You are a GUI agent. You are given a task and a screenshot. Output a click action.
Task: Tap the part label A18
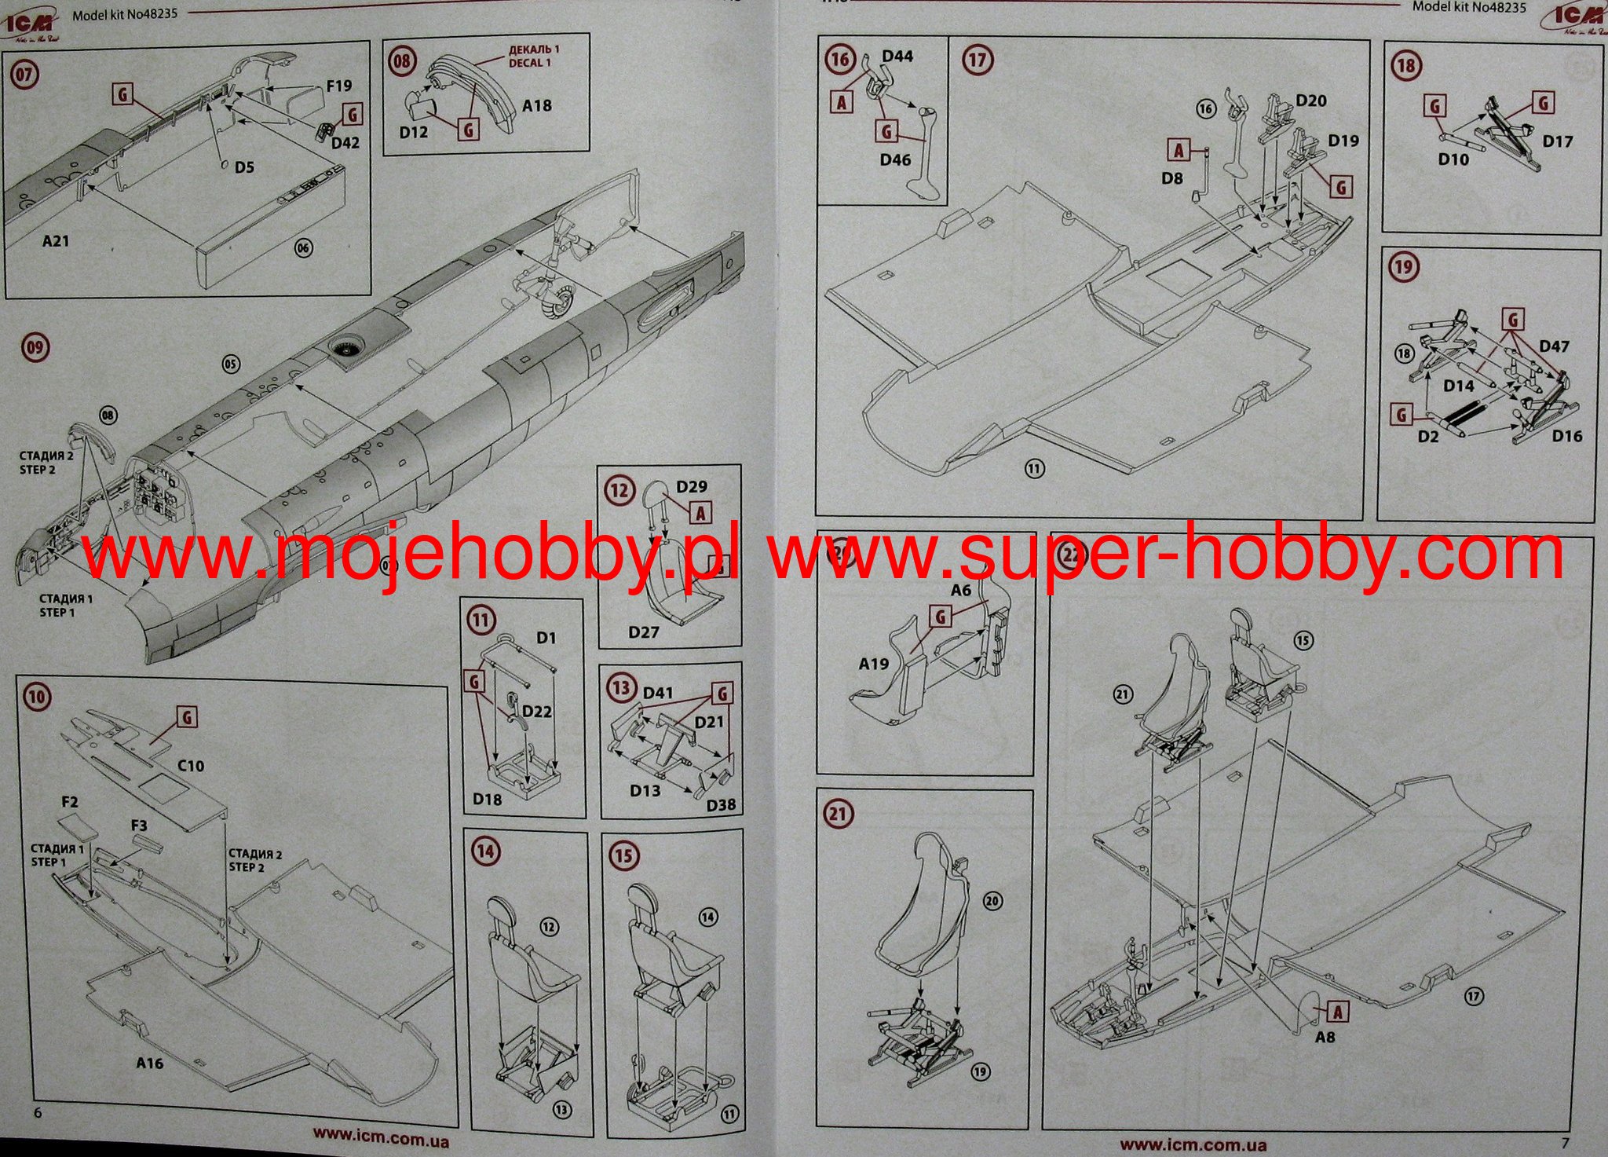tap(537, 105)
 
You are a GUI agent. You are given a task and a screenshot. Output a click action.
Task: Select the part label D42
tap(345, 143)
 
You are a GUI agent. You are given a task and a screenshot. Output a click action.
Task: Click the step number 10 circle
tap(37, 697)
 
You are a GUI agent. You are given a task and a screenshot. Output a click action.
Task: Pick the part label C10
tap(190, 765)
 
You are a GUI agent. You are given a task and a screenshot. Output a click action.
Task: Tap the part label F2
tap(69, 802)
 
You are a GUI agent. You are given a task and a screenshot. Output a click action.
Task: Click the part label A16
tap(149, 1063)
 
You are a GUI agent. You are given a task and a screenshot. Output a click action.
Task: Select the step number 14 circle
tap(487, 851)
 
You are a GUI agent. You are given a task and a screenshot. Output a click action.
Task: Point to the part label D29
tap(691, 487)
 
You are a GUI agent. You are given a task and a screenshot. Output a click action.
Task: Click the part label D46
tap(895, 159)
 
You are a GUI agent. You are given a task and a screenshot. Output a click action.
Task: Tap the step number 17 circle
tap(978, 60)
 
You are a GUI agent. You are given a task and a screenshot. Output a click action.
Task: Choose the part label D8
tap(1171, 178)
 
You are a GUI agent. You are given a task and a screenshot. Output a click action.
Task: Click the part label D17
tap(1558, 141)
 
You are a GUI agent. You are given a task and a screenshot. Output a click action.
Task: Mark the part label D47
tap(1554, 346)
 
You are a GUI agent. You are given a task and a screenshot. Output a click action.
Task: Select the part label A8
tap(1325, 1037)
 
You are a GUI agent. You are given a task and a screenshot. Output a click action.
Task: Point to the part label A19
tap(873, 664)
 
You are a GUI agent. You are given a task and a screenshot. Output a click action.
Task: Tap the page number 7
tap(1565, 1143)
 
